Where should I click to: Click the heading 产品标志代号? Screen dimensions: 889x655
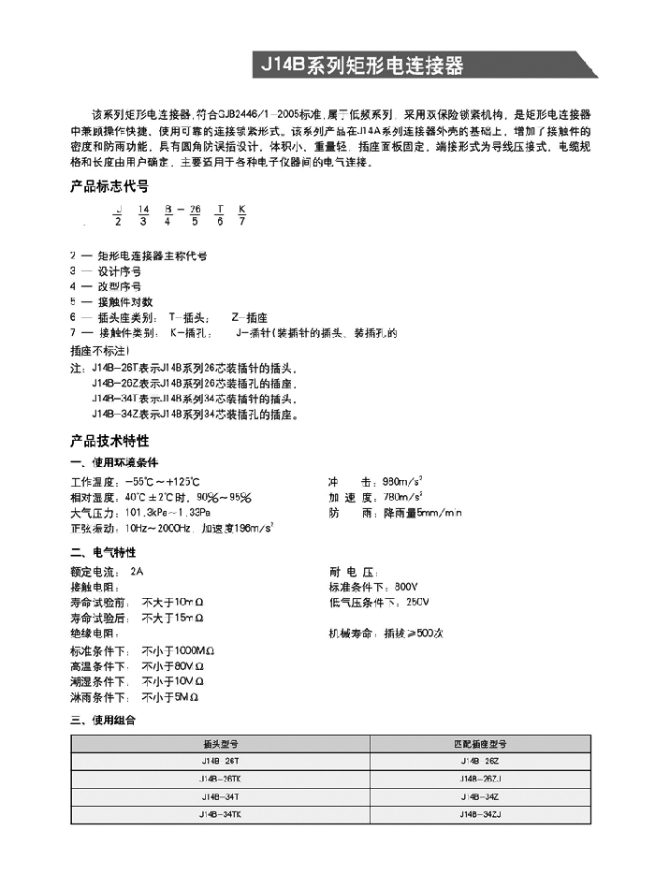(x=109, y=186)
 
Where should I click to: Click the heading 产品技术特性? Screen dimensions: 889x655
(x=109, y=440)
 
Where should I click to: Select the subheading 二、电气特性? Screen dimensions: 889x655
(x=103, y=552)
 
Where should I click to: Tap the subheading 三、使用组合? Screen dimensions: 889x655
(x=103, y=721)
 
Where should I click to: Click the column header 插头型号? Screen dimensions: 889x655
(x=221, y=745)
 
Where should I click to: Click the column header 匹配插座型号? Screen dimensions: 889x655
(x=480, y=745)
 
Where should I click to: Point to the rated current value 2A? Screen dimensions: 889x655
(x=138, y=570)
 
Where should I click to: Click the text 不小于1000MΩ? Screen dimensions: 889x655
(x=179, y=649)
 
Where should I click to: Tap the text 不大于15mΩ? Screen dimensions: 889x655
(x=172, y=618)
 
